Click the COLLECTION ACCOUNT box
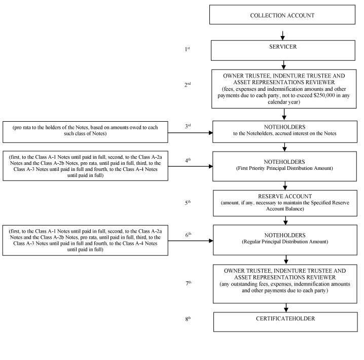(282, 15)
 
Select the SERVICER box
(283, 50)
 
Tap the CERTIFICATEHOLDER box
(285, 321)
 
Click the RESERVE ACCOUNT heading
(285, 196)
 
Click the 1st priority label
(188, 49)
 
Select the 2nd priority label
(188, 85)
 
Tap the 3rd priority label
(188, 126)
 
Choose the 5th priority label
(188, 202)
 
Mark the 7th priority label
(189, 283)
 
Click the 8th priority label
(188, 319)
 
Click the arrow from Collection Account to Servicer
(282, 35)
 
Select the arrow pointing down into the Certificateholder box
(286, 308)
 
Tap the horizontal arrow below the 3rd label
(190, 133)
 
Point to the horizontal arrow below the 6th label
(191, 241)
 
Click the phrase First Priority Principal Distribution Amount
(284, 168)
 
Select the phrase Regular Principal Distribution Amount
(285, 242)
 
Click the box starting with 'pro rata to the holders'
(85, 132)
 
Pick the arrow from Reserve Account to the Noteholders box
(285, 221)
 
